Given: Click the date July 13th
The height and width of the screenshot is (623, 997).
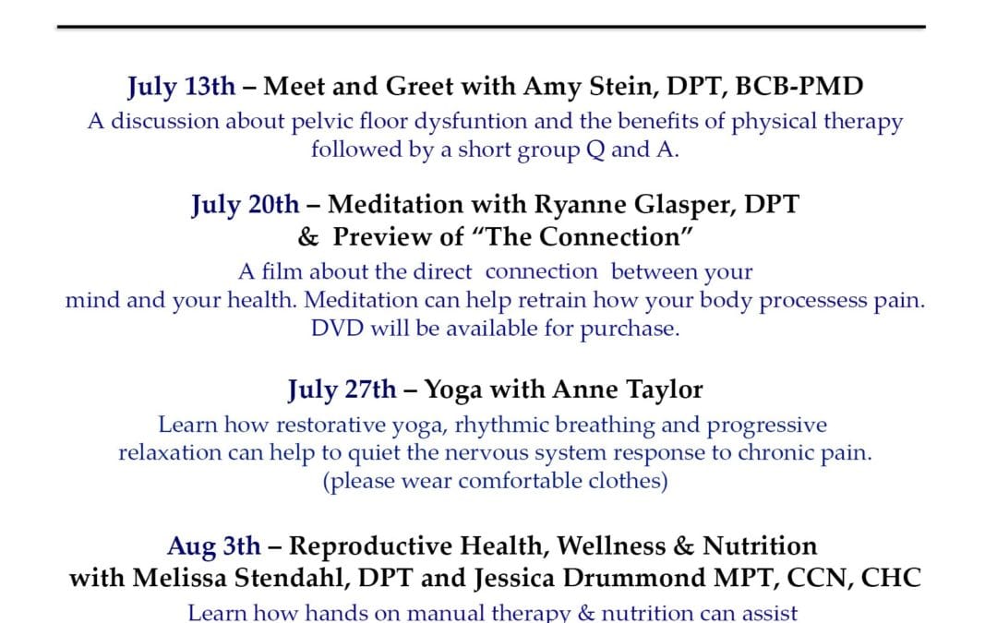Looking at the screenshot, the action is point(181,87).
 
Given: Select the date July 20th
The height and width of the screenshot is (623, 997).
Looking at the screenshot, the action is point(245,205).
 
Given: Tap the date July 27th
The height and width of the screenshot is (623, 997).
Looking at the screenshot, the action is point(342,390).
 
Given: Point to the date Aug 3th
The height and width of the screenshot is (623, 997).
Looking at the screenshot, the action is point(214,546).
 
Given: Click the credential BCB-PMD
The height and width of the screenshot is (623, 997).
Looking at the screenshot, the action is point(799,87).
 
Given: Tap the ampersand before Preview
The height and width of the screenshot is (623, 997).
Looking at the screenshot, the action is point(307,237).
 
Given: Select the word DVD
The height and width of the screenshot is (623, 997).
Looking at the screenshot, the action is point(337,329).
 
